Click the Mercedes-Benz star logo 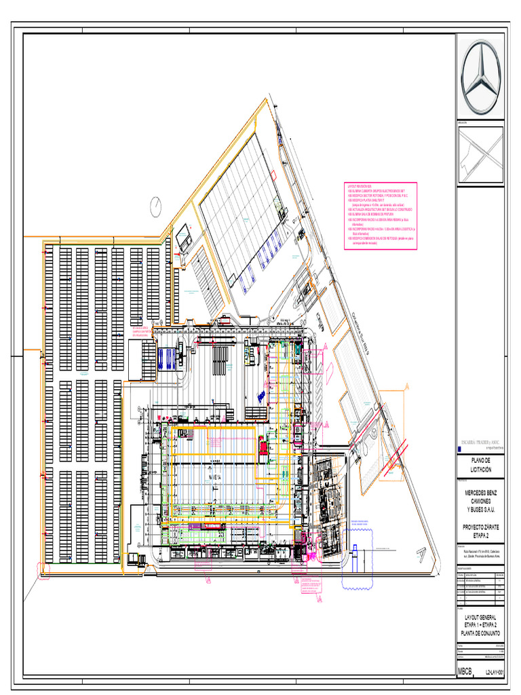tap(481, 76)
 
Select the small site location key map tap(482, 155)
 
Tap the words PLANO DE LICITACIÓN tap(481, 465)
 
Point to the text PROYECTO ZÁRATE tap(481, 526)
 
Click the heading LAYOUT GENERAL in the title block tap(481, 618)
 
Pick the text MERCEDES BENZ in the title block tap(481, 492)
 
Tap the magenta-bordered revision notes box tap(381, 216)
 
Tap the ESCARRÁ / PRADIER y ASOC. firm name tap(482, 442)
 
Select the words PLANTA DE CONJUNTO tap(481, 633)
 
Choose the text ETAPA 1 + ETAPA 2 tap(481, 625)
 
